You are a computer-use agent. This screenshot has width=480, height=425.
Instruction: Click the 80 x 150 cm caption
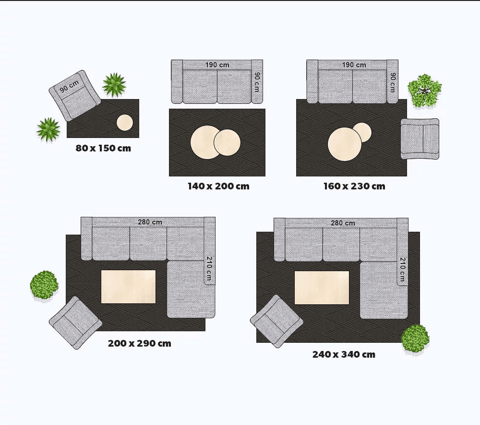point(103,149)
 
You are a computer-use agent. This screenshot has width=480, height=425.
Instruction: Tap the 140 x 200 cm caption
point(218,186)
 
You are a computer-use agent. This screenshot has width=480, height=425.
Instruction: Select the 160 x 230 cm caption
point(354,186)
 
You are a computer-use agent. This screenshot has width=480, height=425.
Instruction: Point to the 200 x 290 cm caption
point(139,343)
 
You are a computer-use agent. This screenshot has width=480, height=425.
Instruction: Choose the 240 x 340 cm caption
point(344,354)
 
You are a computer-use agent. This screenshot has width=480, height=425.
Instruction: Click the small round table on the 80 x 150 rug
point(125,123)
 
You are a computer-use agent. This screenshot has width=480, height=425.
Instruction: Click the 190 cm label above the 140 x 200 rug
point(217,65)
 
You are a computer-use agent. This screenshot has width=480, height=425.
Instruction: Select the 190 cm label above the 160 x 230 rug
point(354,65)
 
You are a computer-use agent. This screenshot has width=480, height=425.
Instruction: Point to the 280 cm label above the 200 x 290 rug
point(150,222)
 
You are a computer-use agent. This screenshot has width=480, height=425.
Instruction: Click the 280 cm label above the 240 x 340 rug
point(343,223)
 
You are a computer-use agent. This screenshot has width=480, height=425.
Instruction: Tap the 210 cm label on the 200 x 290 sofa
point(209,268)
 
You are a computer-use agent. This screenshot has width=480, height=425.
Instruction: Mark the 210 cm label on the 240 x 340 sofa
point(402,269)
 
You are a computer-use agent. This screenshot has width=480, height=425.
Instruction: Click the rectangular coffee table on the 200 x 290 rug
point(128,287)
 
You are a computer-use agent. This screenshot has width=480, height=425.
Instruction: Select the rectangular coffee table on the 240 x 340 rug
point(322,287)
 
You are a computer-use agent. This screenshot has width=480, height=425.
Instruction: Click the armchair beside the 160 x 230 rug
point(420,139)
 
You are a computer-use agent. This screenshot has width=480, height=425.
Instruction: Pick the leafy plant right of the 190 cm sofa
point(425,90)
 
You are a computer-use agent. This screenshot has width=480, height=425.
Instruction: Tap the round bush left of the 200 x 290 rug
point(44,285)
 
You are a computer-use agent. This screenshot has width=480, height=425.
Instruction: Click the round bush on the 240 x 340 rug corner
point(415,339)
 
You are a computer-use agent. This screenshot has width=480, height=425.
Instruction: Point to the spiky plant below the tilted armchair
point(48,129)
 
